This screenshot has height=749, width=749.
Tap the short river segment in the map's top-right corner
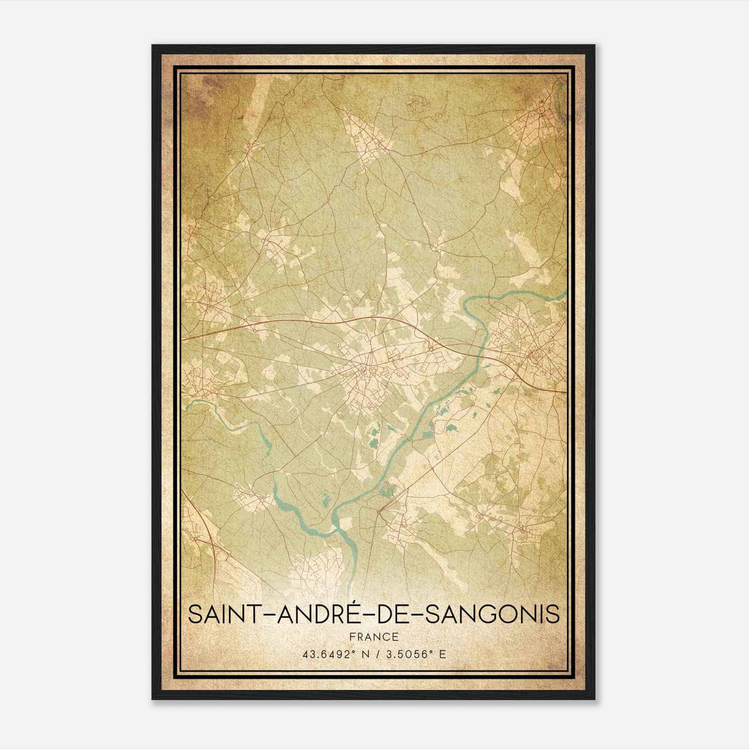560,96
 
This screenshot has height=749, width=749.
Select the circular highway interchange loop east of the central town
435,339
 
